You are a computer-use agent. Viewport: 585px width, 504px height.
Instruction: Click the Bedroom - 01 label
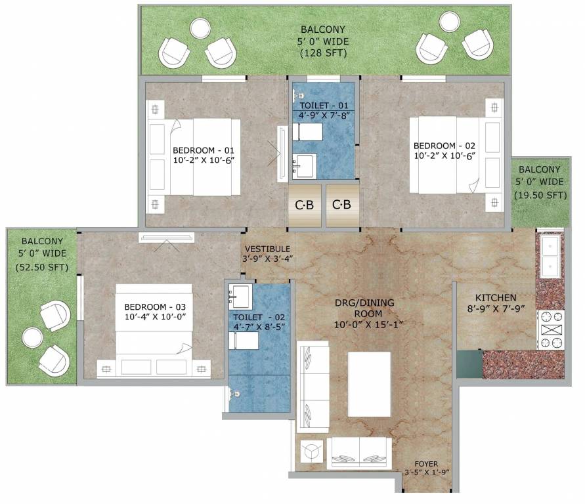coord(203,148)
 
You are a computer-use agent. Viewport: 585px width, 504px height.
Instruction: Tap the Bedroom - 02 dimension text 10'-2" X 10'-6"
coord(444,157)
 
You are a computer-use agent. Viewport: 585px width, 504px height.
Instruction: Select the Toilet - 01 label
coord(323,106)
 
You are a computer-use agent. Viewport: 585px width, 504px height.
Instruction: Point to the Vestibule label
coord(267,249)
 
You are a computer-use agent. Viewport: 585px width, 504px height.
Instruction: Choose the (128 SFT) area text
coord(323,54)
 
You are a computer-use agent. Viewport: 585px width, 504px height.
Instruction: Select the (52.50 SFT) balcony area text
coord(41,267)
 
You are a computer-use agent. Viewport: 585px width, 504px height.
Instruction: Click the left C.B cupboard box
coord(304,205)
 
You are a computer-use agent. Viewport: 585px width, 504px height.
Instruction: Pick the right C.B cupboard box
coord(341,205)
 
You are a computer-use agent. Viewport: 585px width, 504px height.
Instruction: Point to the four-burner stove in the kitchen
coord(550,330)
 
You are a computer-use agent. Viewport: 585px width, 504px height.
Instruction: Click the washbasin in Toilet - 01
coord(305,165)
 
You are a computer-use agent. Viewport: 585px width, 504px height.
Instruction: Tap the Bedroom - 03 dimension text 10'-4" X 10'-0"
coord(155,317)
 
